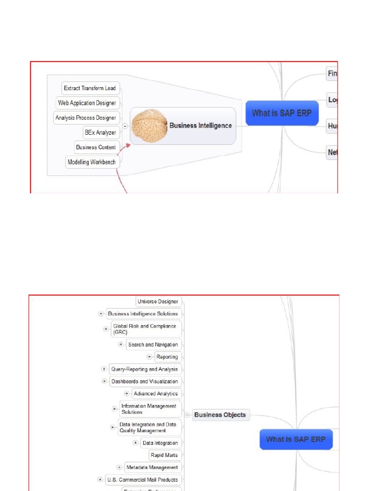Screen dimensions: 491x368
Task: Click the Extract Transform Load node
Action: (90, 88)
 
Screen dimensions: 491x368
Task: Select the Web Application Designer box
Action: (87, 103)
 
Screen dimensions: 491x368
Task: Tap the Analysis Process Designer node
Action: (86, 117)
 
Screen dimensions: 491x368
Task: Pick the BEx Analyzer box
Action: (100, 132)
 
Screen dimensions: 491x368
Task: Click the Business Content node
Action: (96, 147)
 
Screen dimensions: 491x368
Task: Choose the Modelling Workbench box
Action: (92, 162)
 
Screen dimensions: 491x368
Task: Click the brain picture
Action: (149, 126)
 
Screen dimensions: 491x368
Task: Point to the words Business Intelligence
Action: (200, 126)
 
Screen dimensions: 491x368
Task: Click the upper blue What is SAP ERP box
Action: (282, 113)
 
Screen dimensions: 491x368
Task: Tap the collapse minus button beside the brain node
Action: (125, 126)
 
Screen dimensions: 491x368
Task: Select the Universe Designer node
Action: (158, 302)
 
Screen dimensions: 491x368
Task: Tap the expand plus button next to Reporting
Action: (149, 357)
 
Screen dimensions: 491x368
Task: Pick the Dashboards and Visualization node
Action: (144, 382)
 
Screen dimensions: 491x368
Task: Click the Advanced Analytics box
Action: (156, 394)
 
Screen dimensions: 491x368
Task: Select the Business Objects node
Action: (220, 415)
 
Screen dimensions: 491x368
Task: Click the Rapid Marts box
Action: (164, 455)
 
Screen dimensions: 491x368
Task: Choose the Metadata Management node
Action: (151, 468)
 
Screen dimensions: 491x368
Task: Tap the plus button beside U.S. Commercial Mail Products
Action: (100, 479)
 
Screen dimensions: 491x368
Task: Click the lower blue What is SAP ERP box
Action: (296, 439)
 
